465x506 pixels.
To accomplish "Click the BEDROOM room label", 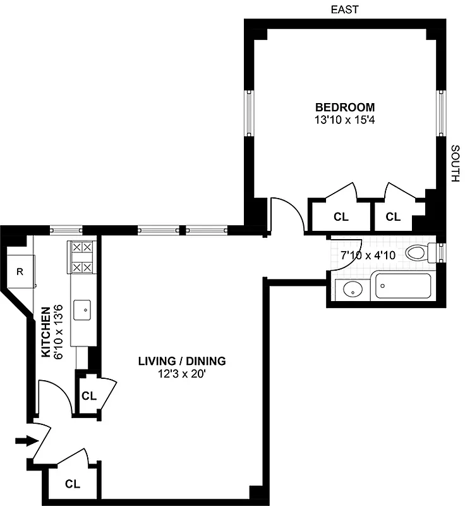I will pos(346,107).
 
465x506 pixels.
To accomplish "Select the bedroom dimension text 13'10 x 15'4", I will pos(346,119).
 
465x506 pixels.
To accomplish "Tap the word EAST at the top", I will pos(346,9).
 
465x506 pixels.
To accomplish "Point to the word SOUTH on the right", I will pos(454,163).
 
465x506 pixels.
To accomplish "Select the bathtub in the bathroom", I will pos(404,286).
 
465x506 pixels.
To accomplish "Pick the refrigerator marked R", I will pos(20,272).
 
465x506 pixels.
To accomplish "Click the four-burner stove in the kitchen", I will pos(82,259).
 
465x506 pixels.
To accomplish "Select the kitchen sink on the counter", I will pos(83,311).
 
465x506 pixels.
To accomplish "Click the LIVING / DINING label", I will pos(182,362).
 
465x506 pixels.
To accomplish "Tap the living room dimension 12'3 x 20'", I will pos(182,374).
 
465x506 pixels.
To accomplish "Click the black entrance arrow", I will pos(21,440).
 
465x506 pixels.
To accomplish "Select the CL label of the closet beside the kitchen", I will pos(89,397).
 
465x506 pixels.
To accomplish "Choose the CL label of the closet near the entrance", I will pos(73,484).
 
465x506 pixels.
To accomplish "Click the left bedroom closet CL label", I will pos(341,217).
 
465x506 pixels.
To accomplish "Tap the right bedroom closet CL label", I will pos(393,217).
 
